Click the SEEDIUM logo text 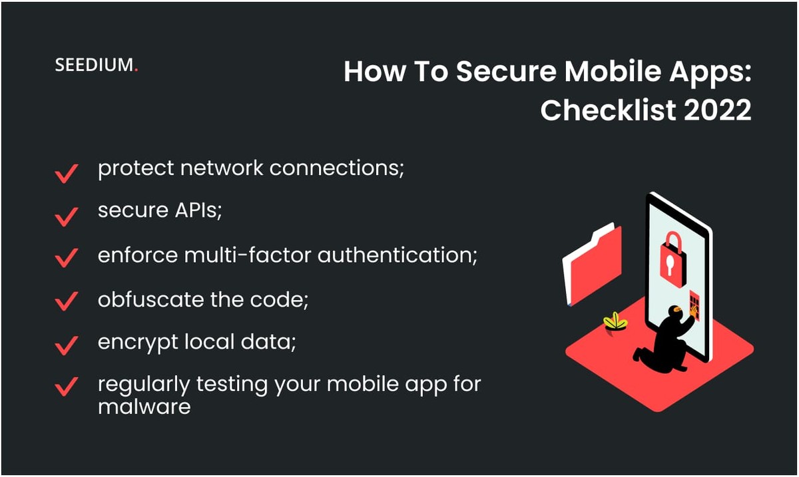(94, 65)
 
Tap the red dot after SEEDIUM (136, 69)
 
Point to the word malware (144, 406)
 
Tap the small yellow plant (615, 322)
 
